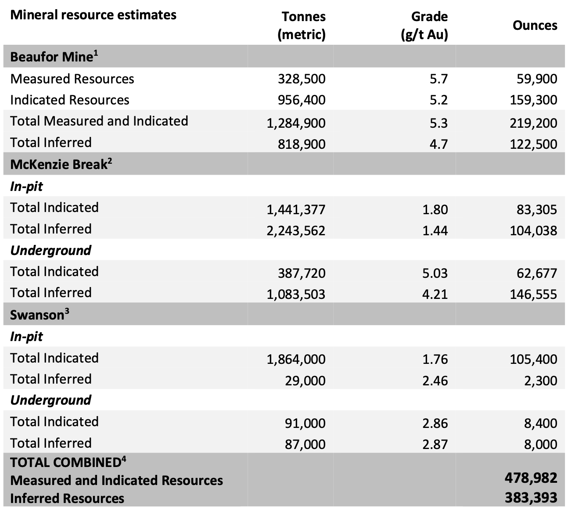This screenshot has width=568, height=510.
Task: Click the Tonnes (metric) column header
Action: pyautogui.click(x=302, y=25)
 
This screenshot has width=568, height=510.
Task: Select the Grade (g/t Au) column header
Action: pyautogui.click(x=424, y=25)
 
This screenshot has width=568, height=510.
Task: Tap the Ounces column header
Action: pyautogui.click(x=535, y=25)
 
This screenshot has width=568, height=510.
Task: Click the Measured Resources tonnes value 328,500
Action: pyautogui.click(x=302, y=79)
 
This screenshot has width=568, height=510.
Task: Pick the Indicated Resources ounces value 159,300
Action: pyautogui.click(x=533, y=100)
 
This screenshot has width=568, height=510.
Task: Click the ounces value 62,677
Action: pyautogui.click(x=536, y=273)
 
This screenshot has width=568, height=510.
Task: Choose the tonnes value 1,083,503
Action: pyautogui.click(x=296, y=295)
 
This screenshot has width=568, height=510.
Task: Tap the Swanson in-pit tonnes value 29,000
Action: pyautogui.click(x=305, y=381)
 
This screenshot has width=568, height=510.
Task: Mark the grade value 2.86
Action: pyautogui.click(x=435, y=423)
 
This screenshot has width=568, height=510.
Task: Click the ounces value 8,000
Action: pyautogui.click(x=540, y=444)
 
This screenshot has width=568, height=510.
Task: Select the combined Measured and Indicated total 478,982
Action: pyautogui.click(x=531, y=478)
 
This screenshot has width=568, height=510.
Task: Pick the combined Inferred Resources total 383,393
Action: pyautogui.click(x=531, y=498)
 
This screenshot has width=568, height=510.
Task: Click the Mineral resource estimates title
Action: pyautogui.click(x=93, y=15)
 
